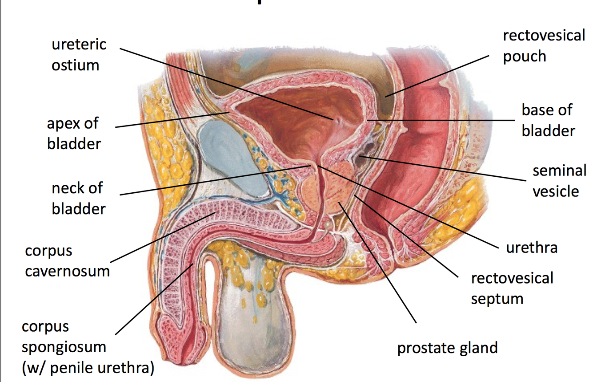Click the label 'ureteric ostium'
coord(79,55)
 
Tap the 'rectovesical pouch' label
coord(544,46)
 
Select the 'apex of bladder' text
coord(73,134)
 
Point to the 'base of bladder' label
coord(548,120)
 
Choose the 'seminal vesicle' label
coord(559,181)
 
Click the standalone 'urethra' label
coord(531,247)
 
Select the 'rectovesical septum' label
coord(512,288)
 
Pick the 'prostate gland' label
coord(447,348)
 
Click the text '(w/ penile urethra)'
coord(88,368)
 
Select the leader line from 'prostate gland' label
coord(378,263)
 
